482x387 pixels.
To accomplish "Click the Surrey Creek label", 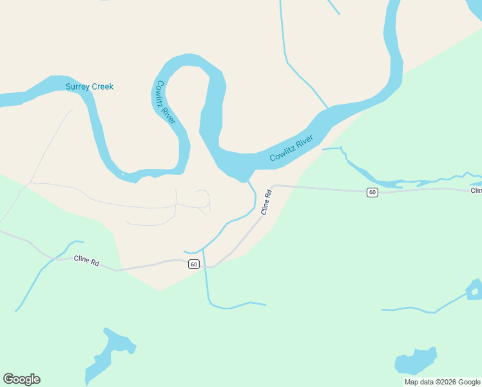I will point(90,86).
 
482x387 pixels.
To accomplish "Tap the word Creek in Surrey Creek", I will point(102,86).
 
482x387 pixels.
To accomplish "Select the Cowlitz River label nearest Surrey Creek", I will point(164,102).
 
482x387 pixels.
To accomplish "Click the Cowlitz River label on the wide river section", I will point(291,148).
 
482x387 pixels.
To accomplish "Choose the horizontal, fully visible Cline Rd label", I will point(86,261).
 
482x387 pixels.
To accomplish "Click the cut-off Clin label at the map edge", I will point(476,190).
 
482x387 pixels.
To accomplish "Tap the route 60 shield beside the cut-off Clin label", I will point(372,192).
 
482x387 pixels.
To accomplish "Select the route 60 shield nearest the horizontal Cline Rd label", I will point(194,264).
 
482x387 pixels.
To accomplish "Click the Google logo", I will point(21,379).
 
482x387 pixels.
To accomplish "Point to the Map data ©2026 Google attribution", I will point(442,382).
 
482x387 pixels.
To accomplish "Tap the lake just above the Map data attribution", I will point(416,361).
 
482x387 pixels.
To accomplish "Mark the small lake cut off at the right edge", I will point(475,290).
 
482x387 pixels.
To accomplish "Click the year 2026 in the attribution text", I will point(446,382).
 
